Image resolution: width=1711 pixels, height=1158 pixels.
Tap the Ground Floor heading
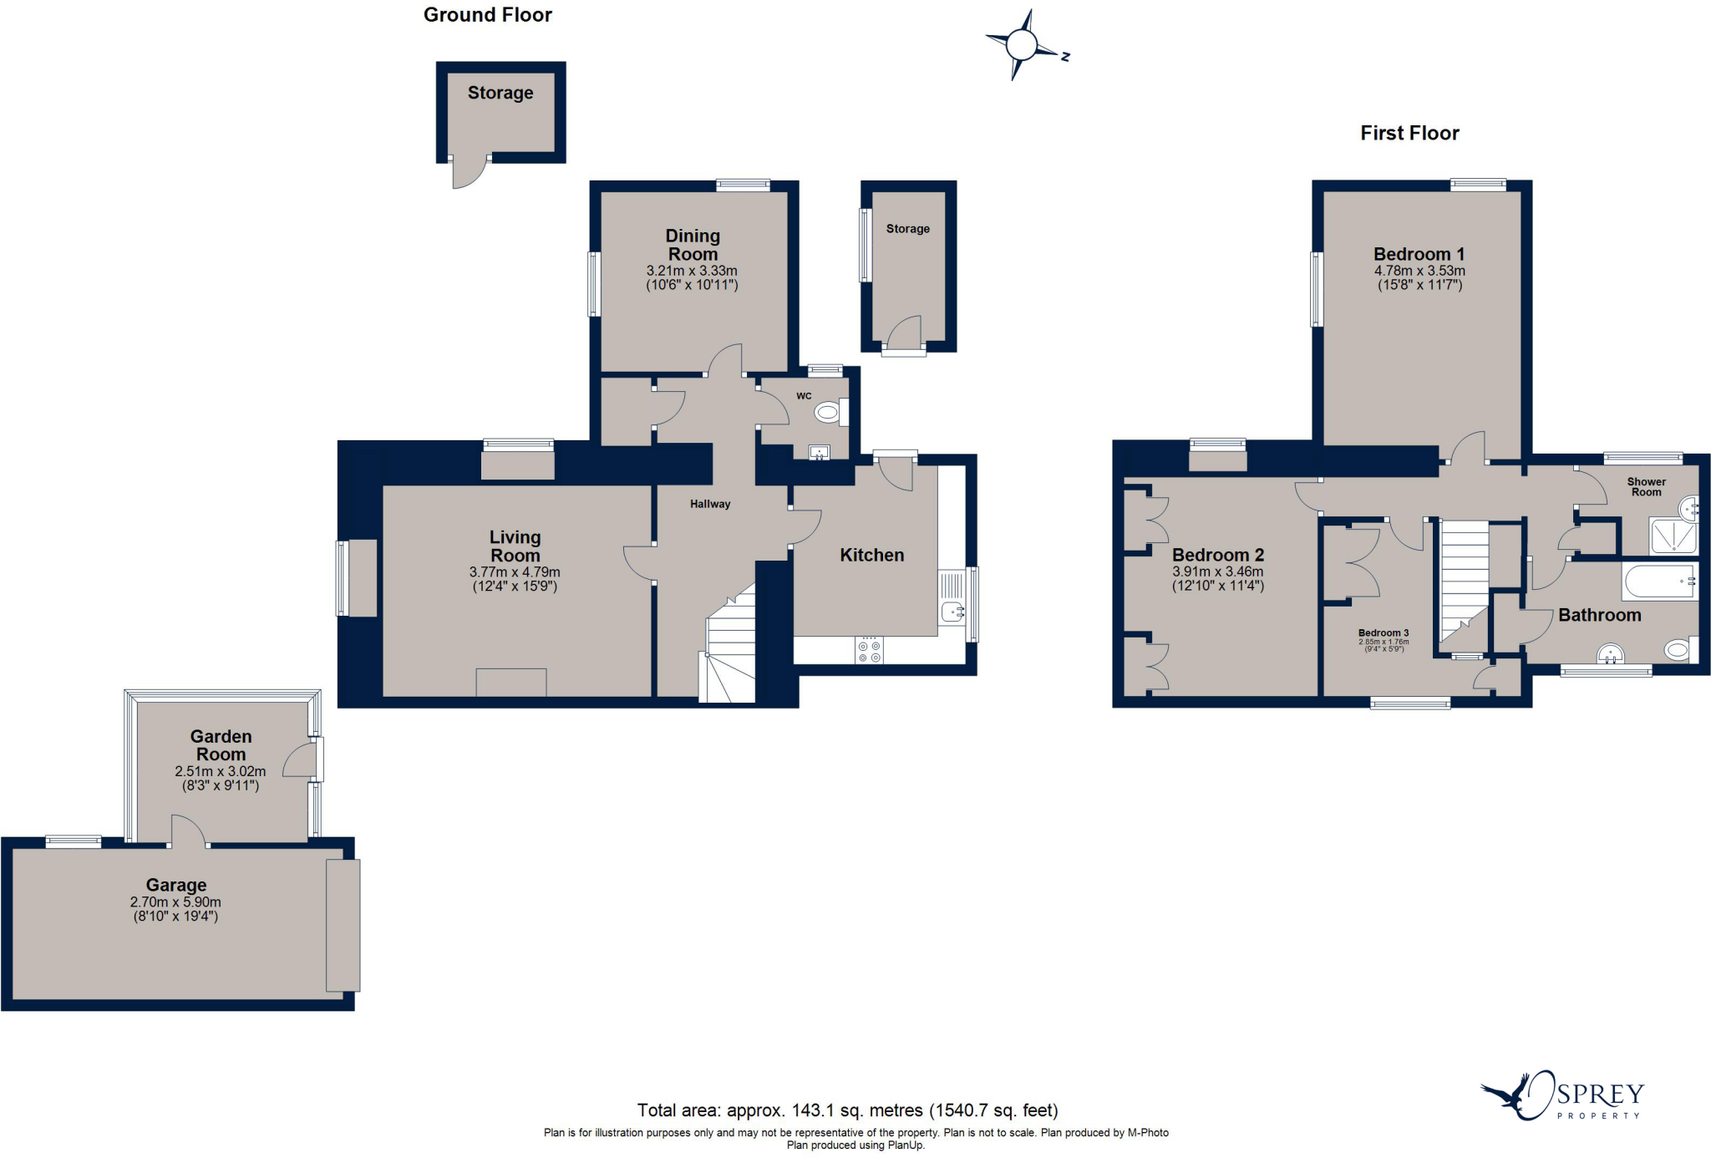(487, 15)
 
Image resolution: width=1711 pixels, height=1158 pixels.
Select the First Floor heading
(1409, 133)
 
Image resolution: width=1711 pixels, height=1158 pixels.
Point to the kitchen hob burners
(869, 651)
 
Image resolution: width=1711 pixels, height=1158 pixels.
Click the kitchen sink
(952, 612)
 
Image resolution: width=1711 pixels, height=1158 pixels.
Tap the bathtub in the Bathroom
(1659, 581)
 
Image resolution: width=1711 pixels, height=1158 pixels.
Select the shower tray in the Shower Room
(1673, 536)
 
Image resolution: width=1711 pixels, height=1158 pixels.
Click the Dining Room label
(693, 245)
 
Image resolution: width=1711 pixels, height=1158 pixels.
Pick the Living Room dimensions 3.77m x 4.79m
(515, 572)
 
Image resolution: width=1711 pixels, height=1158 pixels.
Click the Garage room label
(176, 885)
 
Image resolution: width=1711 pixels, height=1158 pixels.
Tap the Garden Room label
(221, 745)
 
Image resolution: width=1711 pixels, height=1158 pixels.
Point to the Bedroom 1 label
(1419, 254)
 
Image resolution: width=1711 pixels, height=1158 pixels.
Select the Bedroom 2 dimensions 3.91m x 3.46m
(1218, 572)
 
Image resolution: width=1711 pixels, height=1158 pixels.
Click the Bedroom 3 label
(1384, 633)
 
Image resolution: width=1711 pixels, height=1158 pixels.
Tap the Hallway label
(710, 504)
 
